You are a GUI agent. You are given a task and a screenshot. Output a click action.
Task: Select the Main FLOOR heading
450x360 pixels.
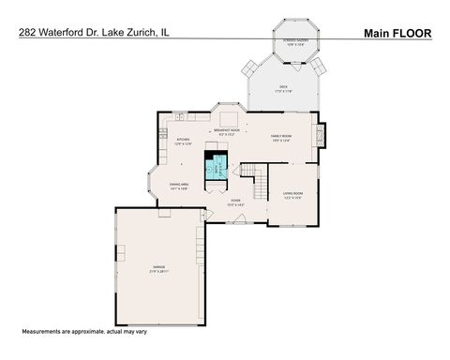click(x=397, y=32)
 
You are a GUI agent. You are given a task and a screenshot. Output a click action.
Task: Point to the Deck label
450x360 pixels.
click(x=283, y=87)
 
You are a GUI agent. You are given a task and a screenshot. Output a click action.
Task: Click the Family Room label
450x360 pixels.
click(x=285, y=137)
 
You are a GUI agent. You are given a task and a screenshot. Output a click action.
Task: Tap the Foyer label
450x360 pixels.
click(x=236, y=202)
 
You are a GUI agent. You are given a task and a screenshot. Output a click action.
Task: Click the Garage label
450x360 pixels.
click(x=159, y=270)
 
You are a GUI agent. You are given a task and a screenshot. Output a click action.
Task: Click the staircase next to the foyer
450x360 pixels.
click(x=255, y=175)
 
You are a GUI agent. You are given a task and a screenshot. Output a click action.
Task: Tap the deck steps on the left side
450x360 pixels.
click(x=249, y=67)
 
